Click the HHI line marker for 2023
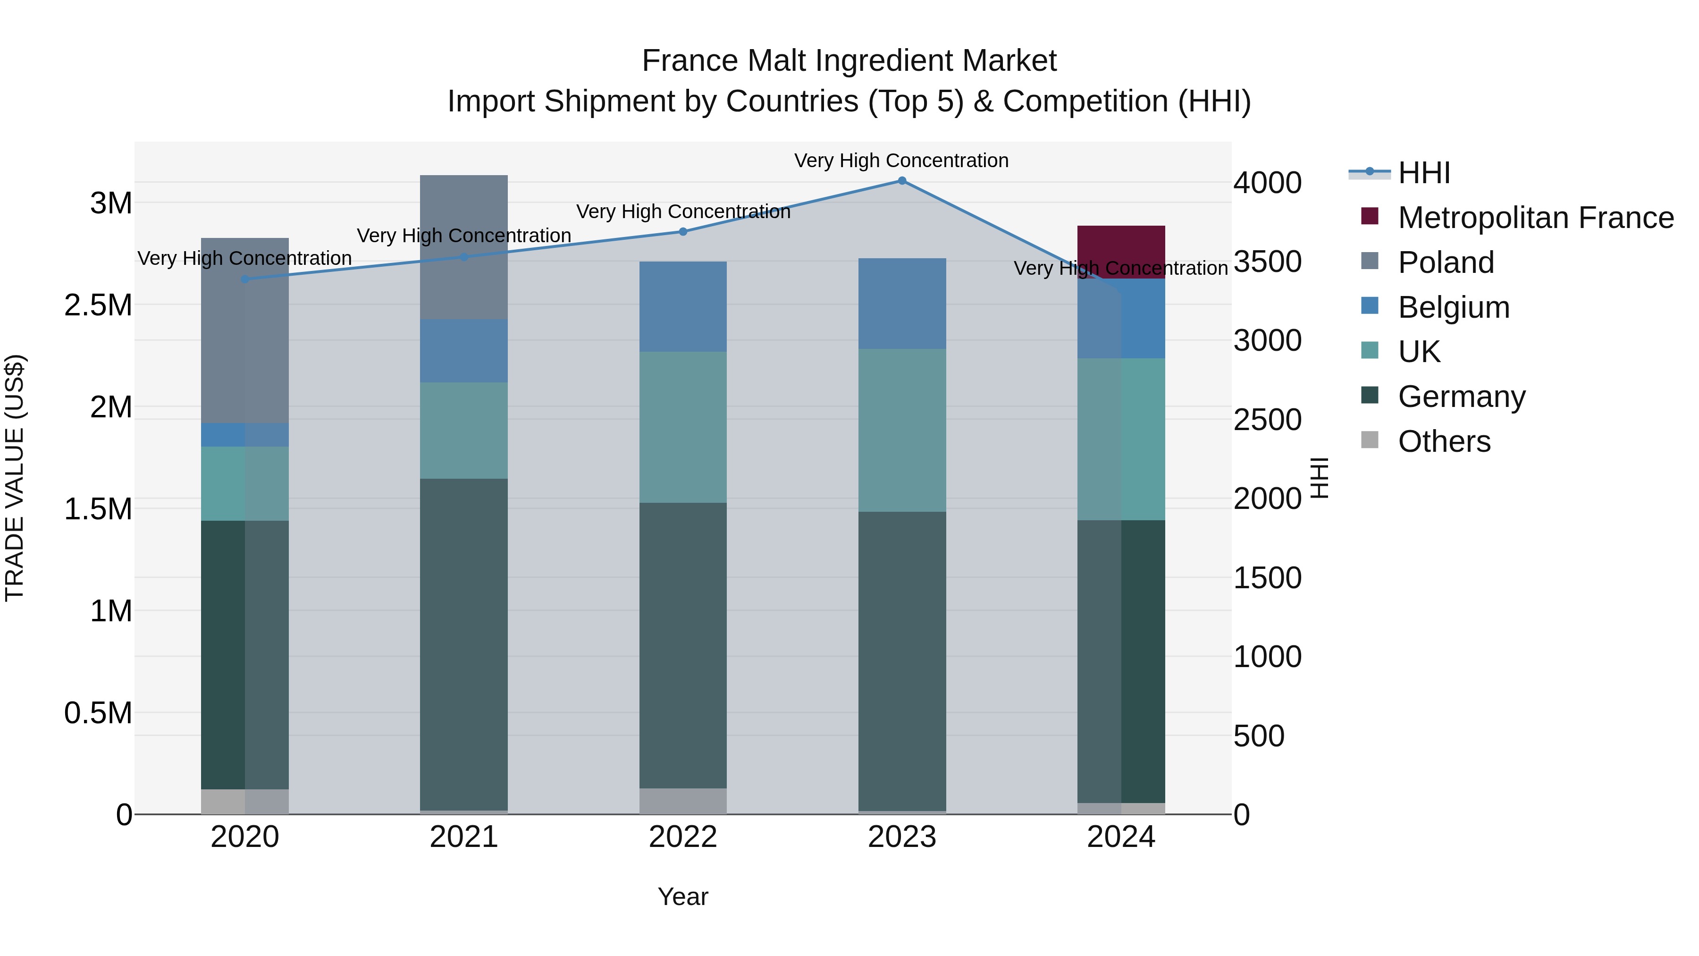901,181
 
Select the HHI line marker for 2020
244,279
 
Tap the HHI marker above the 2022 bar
682,232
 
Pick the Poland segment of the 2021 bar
463,247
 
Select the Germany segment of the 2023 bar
901,660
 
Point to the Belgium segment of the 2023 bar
901,304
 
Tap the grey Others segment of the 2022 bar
682,801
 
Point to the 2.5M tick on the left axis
98,305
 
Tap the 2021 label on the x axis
463,837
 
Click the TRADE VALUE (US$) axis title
15,478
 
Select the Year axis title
682,897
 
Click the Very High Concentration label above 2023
901,161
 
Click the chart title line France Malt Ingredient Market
849,61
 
